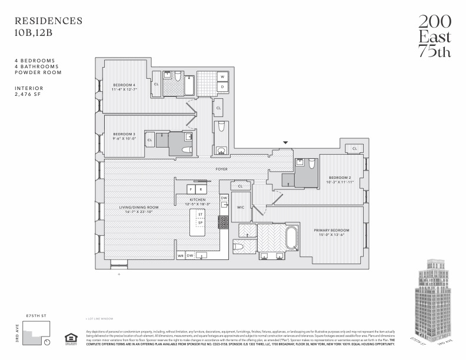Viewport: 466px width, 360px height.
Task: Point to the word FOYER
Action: coord(222,169)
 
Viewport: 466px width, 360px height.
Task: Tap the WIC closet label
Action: coord(240,208)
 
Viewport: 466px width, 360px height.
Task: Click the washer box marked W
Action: coord(223,77)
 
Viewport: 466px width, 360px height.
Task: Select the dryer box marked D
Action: coord(223,87)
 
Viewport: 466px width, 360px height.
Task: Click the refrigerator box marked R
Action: coord(201,189)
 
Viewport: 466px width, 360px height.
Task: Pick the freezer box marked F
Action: coord(191,189)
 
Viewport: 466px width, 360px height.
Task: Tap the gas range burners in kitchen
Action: coord(224,222)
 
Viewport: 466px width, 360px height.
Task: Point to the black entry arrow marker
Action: coord(286,142)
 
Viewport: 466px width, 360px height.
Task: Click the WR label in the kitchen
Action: coord(181,256)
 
